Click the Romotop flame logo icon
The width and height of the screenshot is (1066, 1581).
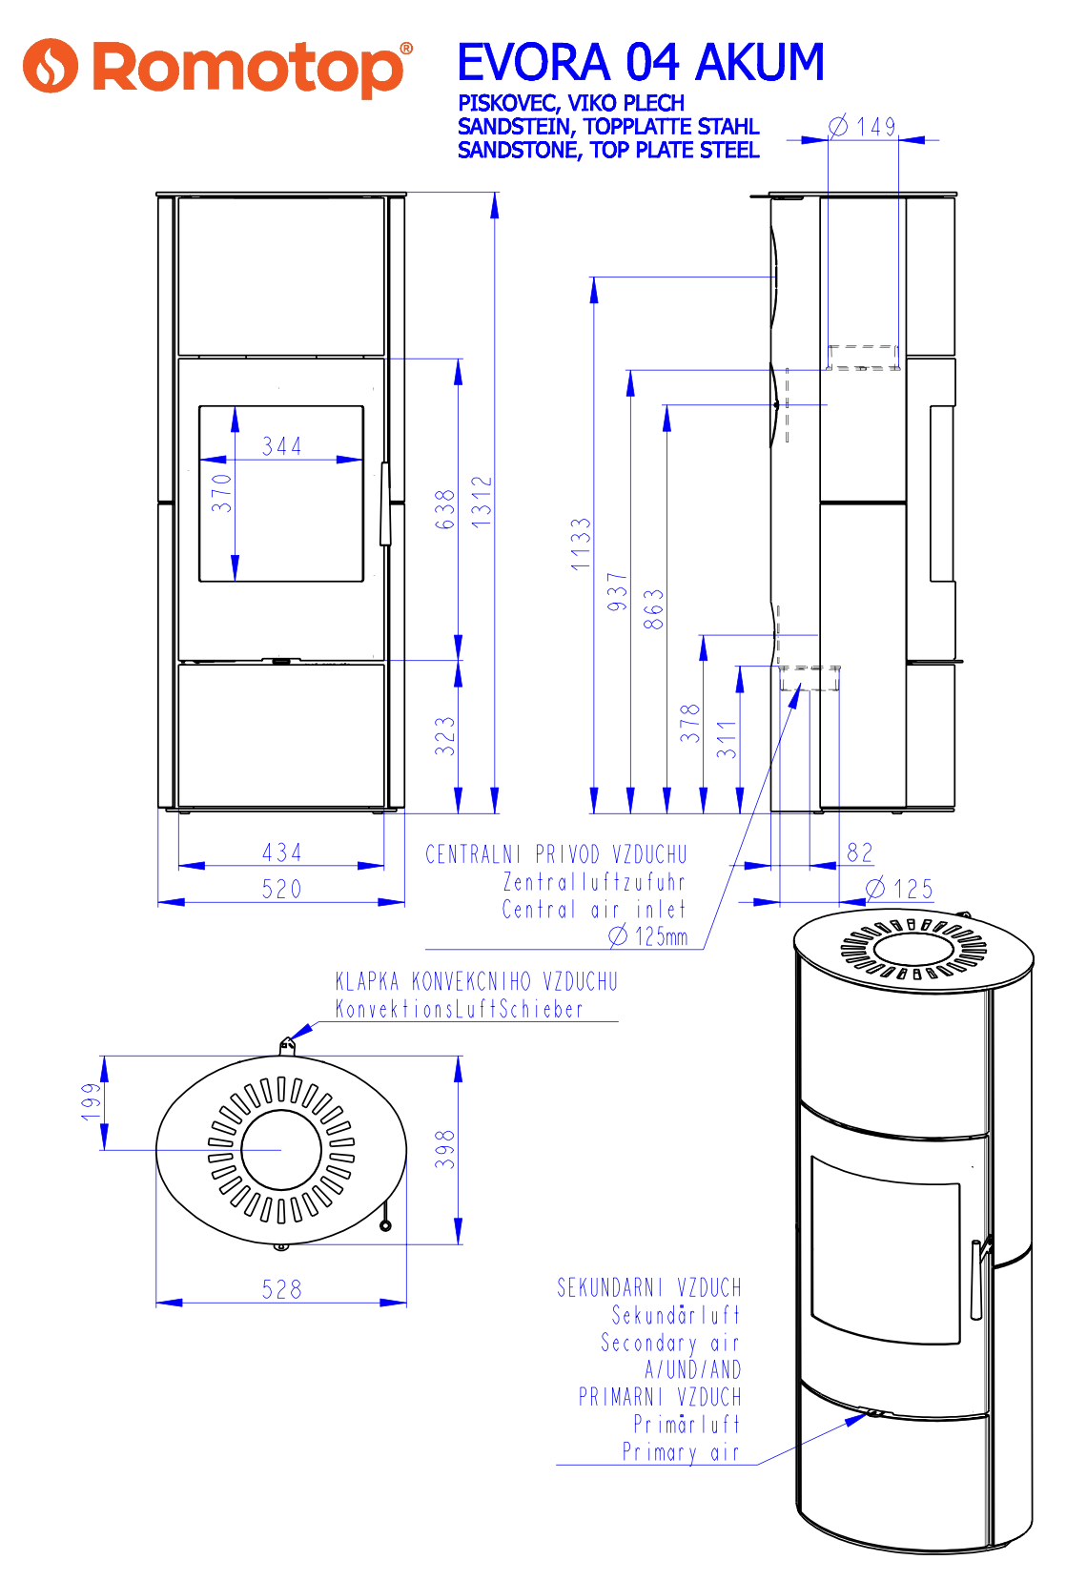pos(50,66)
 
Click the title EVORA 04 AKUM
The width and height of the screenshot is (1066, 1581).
pos(640,63)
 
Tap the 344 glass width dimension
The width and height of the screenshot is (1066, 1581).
pos(282,446)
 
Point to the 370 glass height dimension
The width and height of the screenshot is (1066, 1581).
pos(222,493)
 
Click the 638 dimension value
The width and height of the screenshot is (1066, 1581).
pos(445,509)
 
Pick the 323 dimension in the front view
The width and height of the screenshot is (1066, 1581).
pos(445,736)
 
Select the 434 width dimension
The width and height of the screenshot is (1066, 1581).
pos(282,852)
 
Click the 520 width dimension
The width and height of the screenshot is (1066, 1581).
pos(282,890)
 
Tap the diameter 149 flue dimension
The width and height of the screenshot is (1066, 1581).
pos(865,127)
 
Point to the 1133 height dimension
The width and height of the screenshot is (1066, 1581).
pos(581,544)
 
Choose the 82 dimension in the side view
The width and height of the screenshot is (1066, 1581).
pos(860,852)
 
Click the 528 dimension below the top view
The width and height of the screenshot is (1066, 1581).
pos(282,1290)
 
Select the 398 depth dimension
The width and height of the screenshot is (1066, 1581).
pos(445,1149)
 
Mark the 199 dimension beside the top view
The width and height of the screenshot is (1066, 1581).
pos(92,1101)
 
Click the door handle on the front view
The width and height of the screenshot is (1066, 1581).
pos(385,504)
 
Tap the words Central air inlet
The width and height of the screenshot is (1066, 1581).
pos(593,910)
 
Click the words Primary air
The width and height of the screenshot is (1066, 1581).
pos(681,1452)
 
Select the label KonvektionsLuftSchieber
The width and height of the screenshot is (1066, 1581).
pos(459,1009)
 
